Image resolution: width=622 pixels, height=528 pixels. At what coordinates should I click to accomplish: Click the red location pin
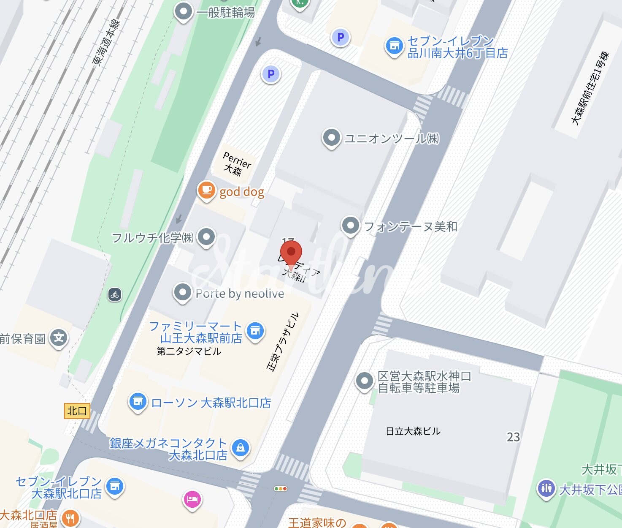point(291,252)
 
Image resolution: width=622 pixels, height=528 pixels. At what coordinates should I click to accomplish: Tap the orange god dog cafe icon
point(206,190)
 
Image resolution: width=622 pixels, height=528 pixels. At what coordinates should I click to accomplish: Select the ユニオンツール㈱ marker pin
point(331,138)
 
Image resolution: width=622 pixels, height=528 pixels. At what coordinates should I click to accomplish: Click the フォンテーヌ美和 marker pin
point(350,226)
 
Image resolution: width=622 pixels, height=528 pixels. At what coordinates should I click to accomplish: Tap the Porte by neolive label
point(240,294)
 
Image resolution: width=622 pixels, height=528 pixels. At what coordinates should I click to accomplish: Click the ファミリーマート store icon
point(255,331)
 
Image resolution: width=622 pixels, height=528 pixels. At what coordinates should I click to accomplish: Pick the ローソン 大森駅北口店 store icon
point(138,402)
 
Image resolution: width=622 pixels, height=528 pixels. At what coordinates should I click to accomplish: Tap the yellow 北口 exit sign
point(77,411)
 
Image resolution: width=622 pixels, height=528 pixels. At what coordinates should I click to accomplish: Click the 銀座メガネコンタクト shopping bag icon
point(240,448)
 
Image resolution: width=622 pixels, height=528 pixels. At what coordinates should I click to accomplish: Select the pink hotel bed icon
point(192,499)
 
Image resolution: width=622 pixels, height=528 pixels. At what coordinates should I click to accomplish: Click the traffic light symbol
point(281,489)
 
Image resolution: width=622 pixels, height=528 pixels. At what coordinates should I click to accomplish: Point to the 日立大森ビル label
point(413,431)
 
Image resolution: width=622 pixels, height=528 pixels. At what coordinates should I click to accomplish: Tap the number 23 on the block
point(513,437)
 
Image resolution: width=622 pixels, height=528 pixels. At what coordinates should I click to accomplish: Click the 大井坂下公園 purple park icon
point(546,489)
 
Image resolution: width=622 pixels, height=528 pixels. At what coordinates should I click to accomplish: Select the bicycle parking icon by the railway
point(115,294)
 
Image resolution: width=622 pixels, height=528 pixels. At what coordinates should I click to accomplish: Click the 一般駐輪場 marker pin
point(184,11)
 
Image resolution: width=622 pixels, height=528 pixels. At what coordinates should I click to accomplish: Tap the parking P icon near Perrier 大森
point(270,74)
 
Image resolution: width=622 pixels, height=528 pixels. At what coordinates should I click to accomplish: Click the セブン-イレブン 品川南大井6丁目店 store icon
point(394,46)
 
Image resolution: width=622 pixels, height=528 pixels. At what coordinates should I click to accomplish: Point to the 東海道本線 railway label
point(106,42)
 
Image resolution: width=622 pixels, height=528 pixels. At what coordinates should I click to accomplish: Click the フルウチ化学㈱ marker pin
point(206,237)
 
